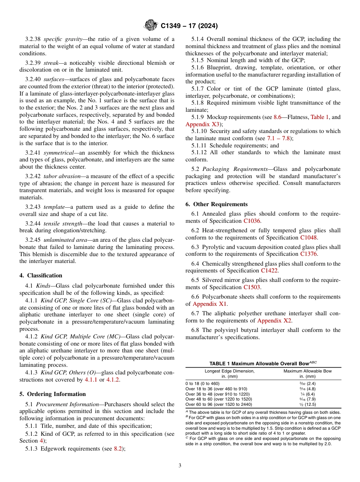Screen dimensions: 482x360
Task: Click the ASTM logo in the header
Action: [x=151, y=26]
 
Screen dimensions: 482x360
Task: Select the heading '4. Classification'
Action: [x=41, y=275]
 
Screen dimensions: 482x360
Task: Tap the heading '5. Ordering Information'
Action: [x=53, y=394]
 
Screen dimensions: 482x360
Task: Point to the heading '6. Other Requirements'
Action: [x=216, y=204]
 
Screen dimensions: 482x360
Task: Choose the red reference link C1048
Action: [x=308, y=238]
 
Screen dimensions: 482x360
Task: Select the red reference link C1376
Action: [x=309, y=254]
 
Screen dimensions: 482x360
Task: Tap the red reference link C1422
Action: [x=269, y=271]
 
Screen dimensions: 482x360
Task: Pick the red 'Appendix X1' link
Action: [x=210, y=304]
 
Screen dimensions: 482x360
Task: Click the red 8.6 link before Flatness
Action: [x=277, y=117]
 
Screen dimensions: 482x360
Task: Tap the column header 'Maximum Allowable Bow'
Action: [x=307, y=371]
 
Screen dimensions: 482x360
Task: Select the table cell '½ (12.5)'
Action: [x=307, y=404]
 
